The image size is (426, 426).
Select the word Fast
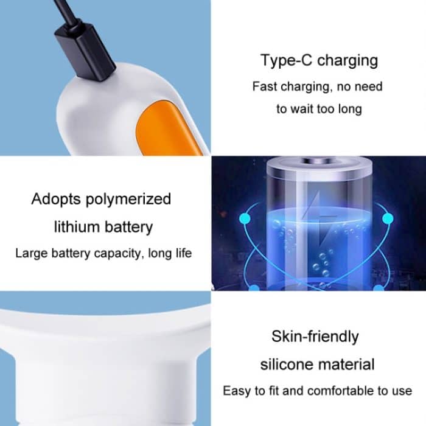pyautogui.click(x=265, y=86)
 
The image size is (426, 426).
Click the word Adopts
pyautogui.click(x=56, y=199)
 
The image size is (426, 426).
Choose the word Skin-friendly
pyautogui.click(x=315, y=336)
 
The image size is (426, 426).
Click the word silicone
pyautogui.click(x=287, y=365)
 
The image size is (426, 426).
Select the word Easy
pyautogui.click(x=236, y=391)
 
